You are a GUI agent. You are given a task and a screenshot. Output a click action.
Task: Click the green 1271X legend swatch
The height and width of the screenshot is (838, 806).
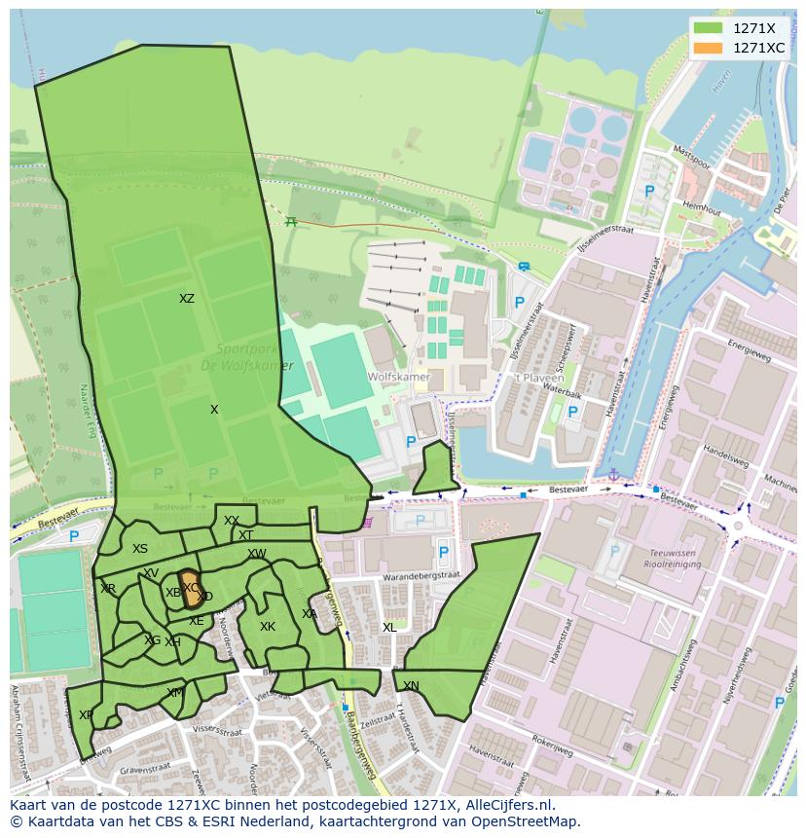[708, 29]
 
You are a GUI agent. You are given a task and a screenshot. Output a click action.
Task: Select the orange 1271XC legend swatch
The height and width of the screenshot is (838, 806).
[708, 48]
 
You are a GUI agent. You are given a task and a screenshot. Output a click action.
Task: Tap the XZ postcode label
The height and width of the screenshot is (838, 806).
[187, 299]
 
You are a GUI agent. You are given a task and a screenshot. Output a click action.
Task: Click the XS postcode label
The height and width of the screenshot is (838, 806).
[140, 549]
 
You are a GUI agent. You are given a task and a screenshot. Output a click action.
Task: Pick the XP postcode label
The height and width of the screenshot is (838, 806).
[87, 715]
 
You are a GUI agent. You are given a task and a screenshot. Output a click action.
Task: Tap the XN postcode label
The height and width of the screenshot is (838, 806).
[411, 686]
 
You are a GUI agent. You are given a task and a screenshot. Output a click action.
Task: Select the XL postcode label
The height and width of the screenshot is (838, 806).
[389, 628]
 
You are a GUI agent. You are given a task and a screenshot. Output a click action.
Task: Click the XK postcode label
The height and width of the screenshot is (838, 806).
[268, 627]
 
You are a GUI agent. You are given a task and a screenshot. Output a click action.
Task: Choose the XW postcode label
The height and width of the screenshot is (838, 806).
[256, 554]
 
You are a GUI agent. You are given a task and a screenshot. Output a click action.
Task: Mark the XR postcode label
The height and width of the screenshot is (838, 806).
[108, 589]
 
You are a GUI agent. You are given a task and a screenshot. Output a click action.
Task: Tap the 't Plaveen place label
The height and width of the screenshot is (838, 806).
[533, 378]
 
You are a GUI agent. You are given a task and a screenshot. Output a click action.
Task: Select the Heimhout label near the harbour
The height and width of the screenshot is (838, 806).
[701, 208]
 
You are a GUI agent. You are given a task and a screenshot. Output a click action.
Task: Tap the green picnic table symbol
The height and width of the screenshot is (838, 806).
[291, 221]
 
